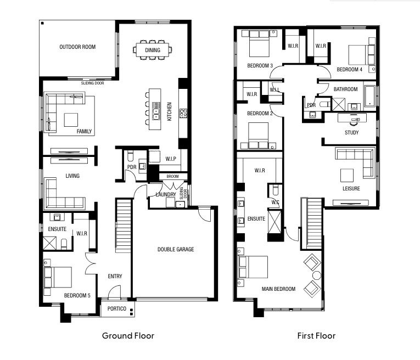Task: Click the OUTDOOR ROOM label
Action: pos(77,47)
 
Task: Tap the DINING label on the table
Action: pos(153,50)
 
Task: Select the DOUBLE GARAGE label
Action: pos(176,249)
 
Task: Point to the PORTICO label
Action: pos(117,308)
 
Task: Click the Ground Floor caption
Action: pos(128,336)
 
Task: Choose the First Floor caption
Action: pos(316,336)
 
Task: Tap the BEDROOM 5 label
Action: pos(77,295)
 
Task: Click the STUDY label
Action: pos(352,132)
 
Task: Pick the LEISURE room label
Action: pos(351,188)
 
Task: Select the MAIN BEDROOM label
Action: pos(278,289)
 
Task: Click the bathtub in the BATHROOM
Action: pos(370,96)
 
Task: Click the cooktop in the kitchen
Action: pos(183,113)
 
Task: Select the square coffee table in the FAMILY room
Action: pos(71,120)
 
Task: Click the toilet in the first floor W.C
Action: pos(276,190)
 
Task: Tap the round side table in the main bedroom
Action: pos(317,275)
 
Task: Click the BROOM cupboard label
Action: pos(172,176)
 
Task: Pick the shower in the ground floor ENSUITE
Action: pos(50,243)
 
